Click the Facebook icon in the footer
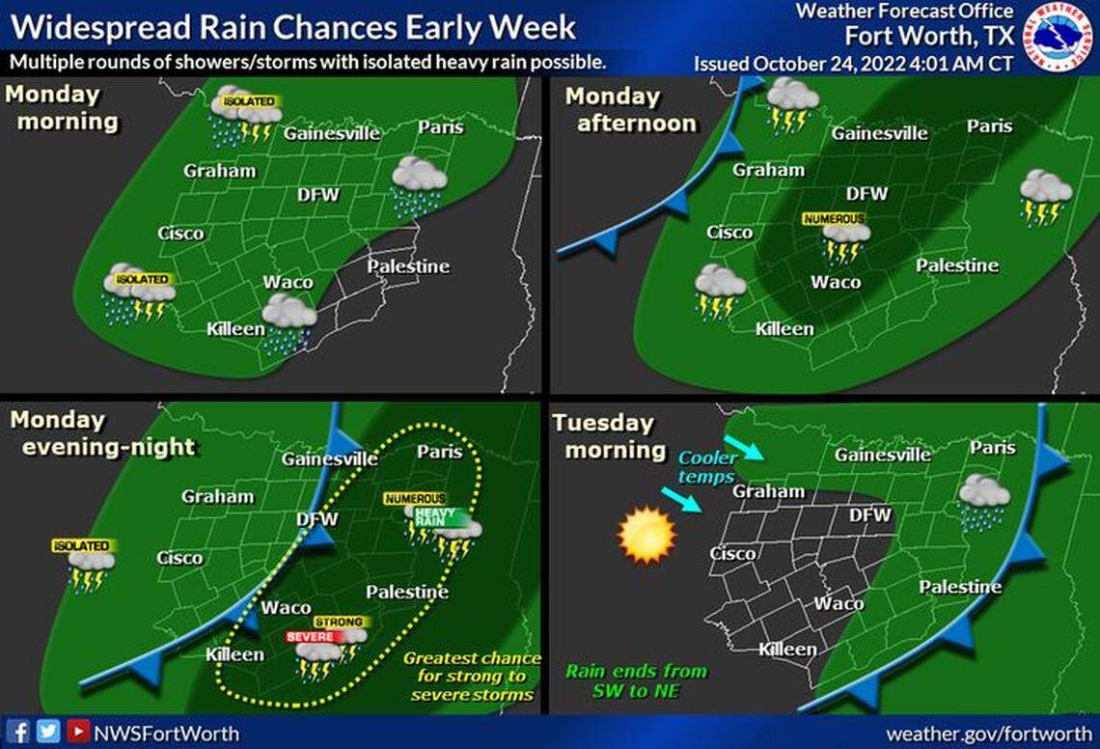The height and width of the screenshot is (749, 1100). [x=20, y=732]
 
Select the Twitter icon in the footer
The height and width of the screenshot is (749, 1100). [x=48, y=732]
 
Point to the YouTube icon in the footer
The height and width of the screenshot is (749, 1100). [x=78, y=732]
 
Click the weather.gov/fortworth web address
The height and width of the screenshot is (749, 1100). [x=987, y=734]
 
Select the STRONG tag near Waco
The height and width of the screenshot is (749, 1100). [x=339, y=623]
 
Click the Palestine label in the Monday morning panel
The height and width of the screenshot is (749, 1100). [x=408, y=266]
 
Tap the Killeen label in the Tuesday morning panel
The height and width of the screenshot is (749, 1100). [x=787, y=649]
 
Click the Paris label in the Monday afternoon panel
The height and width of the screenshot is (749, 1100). [x=990, y=125]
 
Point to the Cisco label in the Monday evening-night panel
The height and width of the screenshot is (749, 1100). [x=180, y=558]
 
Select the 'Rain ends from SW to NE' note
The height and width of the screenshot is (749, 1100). [x=636, y=680]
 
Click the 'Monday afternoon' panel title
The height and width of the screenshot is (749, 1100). [x=630, y=110]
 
